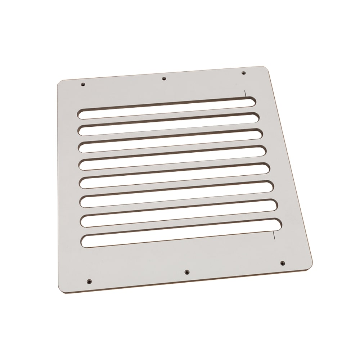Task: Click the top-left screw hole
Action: click(83, 84)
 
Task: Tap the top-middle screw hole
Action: click(164, 78)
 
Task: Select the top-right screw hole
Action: click(243, 73)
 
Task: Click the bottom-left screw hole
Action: click(89, 281)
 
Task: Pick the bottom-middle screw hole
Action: click(186, 272)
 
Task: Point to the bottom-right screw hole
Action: click(282, 263)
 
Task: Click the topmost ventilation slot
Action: click(166, 107)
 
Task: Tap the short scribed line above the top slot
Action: click(245, 94)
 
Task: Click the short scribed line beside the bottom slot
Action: click(274, 235)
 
